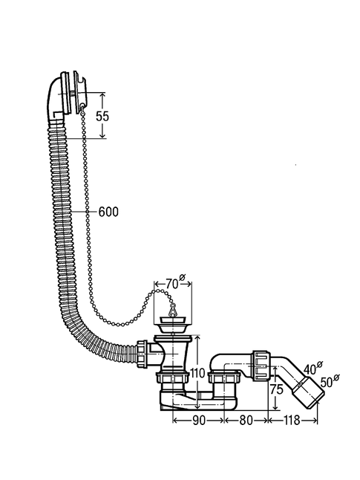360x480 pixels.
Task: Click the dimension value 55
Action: coord(102,116)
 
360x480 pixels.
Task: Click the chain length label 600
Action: coord(108,212)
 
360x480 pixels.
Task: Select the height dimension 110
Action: coord(197,373)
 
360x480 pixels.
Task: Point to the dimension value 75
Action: coord(277,389)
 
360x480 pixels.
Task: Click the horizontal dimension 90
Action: coord(198,421)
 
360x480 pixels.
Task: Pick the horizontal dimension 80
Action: coord(246,421)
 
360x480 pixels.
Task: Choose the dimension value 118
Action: coord(292,421)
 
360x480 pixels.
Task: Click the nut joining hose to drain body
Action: coord(142,353)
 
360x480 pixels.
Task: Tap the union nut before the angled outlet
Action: coord(261,366)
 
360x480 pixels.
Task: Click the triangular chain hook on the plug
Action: coord(173,310)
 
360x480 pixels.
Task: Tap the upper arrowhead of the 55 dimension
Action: coord(102,95)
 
